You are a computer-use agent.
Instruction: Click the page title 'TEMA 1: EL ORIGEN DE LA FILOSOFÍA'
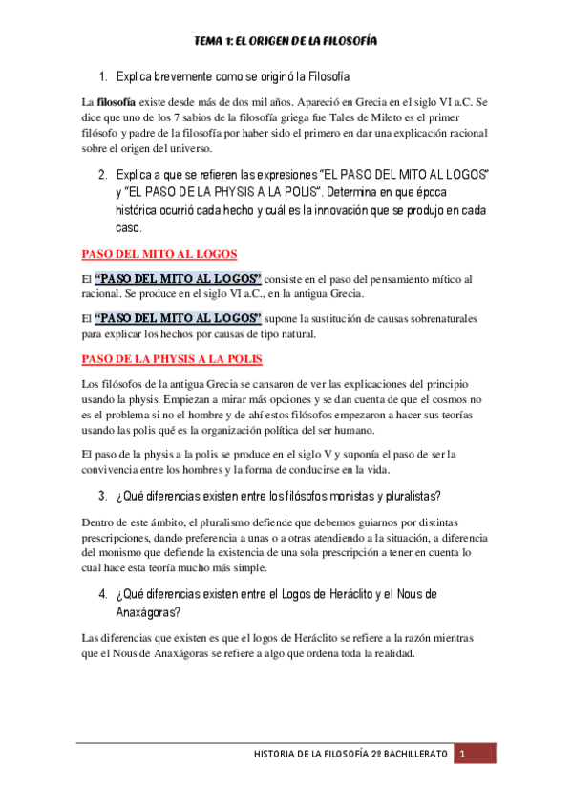(286, 42)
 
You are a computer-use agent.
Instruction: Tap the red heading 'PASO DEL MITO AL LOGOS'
(159, 254)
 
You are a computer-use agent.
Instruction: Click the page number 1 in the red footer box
(461, 754)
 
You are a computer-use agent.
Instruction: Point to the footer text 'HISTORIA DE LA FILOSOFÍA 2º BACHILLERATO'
(350, 754)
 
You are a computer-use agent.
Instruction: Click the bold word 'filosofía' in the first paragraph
(117, 101)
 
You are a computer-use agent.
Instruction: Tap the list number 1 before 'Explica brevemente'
(102, 74)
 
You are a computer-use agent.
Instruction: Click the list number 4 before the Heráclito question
(102, 594)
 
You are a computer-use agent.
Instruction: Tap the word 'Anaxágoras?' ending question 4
(148, 611)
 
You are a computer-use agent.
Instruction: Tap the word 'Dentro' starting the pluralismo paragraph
(97, 523)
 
